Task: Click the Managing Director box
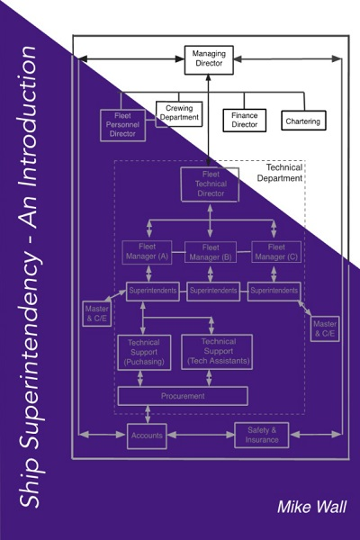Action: (209, 60)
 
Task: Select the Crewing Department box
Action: (179, 114)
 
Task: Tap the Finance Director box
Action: (244, 121)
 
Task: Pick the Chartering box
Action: (303, 121)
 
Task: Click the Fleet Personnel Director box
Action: (122, 125)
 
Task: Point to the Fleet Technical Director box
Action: (210, 184)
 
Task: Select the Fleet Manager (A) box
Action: (147, 252)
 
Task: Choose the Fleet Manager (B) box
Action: (211, 252)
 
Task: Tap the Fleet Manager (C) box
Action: (276, 252)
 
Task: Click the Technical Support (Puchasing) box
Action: (144, 352)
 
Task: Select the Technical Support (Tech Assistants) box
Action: (217, 352)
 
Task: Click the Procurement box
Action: (183, 396)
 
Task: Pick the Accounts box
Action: (147, 436)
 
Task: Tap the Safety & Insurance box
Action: (262, 435)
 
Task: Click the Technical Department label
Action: (280, 173)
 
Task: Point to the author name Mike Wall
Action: (311, 507)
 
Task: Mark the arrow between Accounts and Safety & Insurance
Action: (201, 436)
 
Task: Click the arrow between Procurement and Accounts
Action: (148, 415)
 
